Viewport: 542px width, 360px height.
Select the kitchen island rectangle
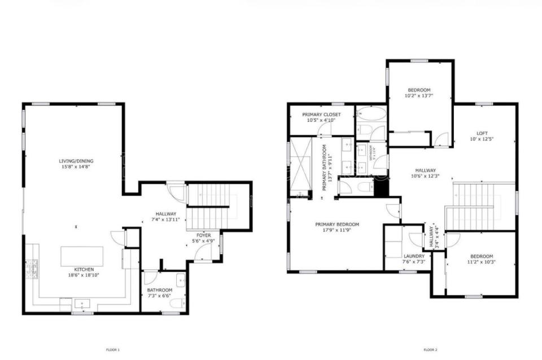pos(82,256)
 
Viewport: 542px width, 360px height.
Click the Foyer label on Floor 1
pos(204,235)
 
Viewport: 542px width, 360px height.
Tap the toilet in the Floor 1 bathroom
pos(176,304)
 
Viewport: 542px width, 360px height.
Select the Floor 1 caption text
pos(113,350)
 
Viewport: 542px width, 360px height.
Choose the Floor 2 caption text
pos(431,350)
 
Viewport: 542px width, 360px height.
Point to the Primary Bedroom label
pos(337,224)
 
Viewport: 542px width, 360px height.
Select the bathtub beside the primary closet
pos(371,115)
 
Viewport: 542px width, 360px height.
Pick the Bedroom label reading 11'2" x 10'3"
pos(482,256)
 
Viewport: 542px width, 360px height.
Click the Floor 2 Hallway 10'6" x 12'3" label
pos(425,170)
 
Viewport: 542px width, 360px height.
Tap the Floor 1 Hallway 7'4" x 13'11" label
pos(167,214)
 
